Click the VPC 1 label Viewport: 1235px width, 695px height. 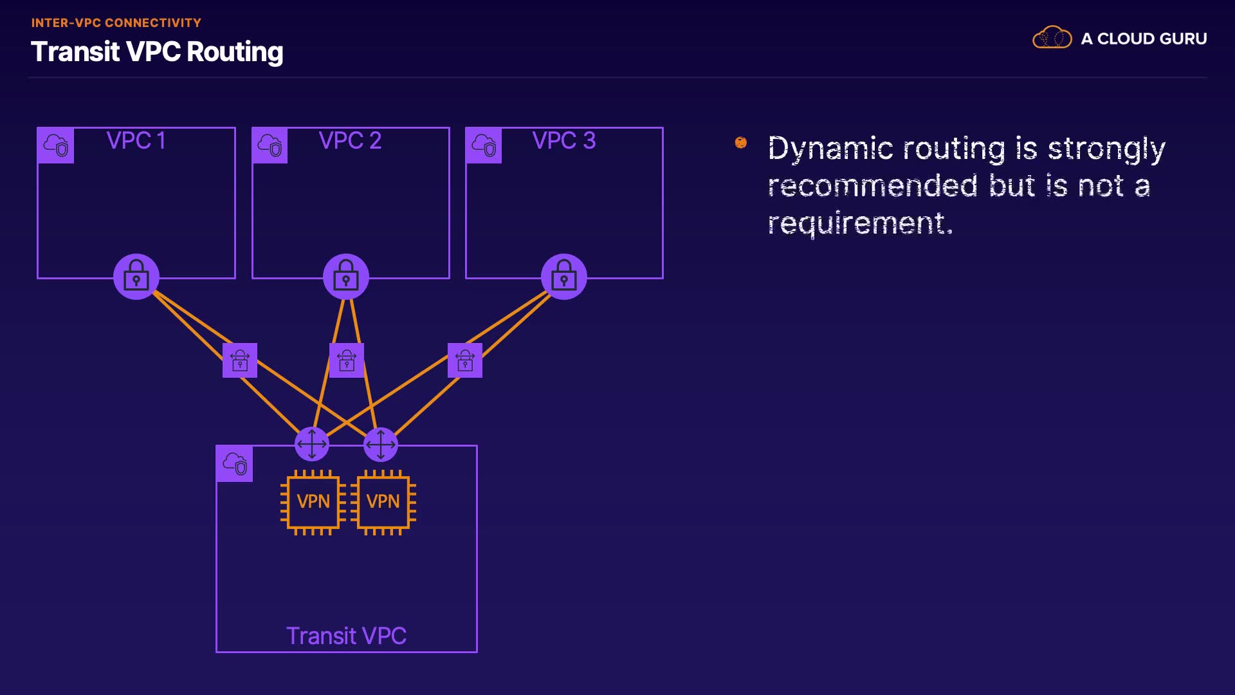click(136, 140)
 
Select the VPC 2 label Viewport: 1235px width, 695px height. click(350, 140)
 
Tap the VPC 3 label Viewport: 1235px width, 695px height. click(564, 140)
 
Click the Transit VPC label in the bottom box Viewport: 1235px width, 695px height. click(346, 636)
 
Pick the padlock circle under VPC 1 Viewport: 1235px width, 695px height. click(136, 277)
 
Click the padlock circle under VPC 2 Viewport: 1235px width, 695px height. click(346, 277)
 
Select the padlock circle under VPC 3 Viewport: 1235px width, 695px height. click(564, 277)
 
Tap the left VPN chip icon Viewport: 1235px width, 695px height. click(313, 502)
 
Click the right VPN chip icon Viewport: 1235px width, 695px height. click(383, 502)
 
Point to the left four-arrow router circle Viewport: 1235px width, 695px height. click(312, 444)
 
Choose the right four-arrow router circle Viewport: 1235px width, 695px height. click(381, 444)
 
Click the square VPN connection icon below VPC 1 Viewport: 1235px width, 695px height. click(240, 360)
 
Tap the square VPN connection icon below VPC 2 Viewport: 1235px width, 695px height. click(347, 360)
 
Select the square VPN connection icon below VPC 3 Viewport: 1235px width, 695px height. click(465, 360)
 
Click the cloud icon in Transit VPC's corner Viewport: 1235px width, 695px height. click(235, 463)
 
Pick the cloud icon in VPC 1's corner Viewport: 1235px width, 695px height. click(56, 145)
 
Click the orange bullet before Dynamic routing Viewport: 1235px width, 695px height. click(741, 142)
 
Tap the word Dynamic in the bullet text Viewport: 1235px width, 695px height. click(830, 149)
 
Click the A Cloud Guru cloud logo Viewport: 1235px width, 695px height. click(1052, 37)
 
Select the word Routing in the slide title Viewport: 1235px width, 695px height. click(235, 53)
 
